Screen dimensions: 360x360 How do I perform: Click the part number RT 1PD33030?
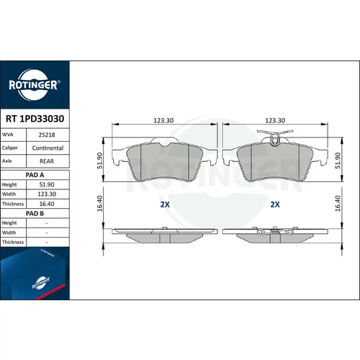35,119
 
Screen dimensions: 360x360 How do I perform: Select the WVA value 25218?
47,135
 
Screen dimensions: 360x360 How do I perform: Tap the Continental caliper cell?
48,148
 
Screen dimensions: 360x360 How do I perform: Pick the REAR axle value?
47,161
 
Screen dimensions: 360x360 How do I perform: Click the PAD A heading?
35,175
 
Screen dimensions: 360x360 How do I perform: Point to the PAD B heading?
35,213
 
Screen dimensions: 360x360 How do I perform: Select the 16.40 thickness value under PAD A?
47,204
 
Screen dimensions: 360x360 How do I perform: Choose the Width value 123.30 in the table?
47,194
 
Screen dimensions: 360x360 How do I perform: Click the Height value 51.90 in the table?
47,184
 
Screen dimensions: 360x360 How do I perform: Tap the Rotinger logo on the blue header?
34,85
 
